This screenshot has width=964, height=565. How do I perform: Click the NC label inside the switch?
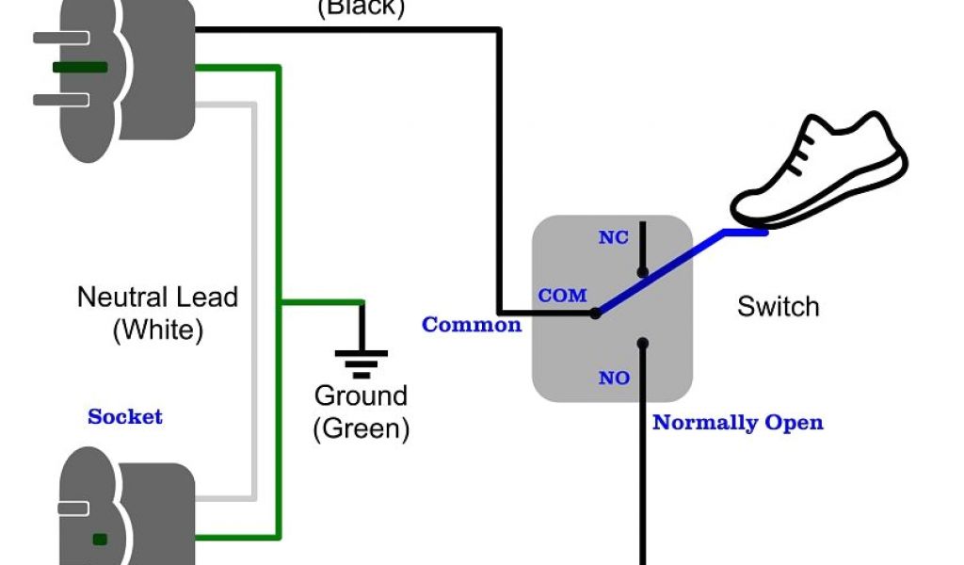click(613, 237)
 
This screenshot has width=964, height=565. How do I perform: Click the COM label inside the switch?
click(562, 296)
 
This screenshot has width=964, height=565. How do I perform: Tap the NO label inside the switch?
click(614, 379)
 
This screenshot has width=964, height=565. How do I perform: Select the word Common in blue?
click(471, 325)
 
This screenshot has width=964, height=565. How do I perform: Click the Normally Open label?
click(738, 422)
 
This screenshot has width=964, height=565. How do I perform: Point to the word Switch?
click(778, 307)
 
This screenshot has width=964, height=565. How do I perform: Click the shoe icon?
click(819, 168)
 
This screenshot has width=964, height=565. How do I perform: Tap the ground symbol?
click(361, 360)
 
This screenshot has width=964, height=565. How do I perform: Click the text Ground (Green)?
click(361, 412)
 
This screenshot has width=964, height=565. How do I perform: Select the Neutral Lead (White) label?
click(157, 313)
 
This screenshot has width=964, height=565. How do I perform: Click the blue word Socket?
click(125, 416)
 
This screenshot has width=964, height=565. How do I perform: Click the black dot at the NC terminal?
click(643, 273)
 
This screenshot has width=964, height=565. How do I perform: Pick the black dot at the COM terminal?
click(595, 313)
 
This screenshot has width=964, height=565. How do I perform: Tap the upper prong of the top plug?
click(61, 38)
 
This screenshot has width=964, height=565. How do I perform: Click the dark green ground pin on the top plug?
click(80, 68)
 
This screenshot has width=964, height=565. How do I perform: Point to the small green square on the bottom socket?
click(100, 540)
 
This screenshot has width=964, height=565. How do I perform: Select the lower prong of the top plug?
click(61, 99)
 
